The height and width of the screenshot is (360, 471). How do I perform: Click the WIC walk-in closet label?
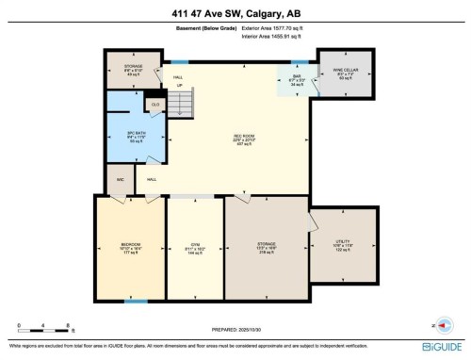click(x=121, y=178)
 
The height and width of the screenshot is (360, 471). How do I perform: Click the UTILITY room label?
click(x=344, y=243)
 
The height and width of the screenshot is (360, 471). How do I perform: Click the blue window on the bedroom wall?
click(x=137, y=301)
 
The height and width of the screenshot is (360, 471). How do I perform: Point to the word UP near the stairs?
click(x=179, y=85)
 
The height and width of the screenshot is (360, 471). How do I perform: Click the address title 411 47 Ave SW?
click(x=235, y=11)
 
